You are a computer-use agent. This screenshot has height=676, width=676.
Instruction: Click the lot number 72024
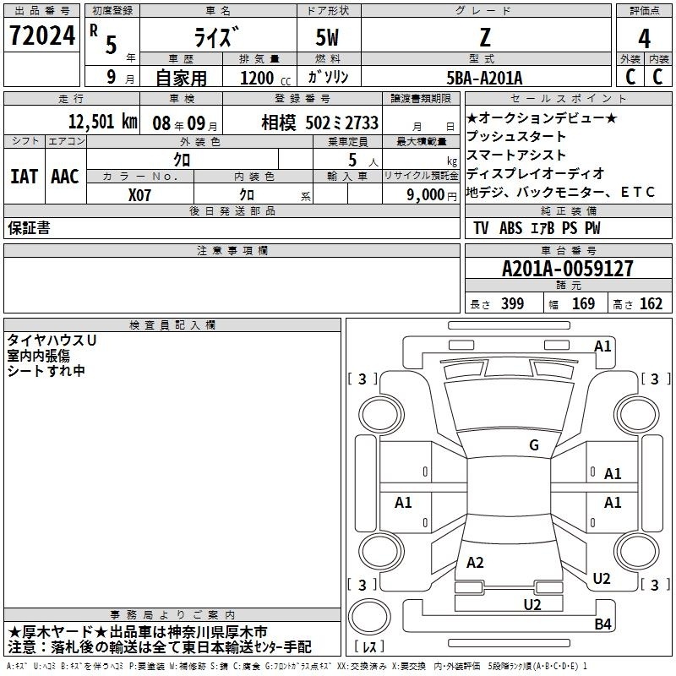coord(41,35)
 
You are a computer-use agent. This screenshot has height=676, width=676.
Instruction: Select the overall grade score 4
coord(644,39)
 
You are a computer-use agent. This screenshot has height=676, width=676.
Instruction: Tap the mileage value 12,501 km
coord(102,122)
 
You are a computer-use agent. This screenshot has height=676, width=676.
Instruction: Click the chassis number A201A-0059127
coord(567,269)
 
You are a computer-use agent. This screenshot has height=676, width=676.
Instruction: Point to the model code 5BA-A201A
coord(484,78)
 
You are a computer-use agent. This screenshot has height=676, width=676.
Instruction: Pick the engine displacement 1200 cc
coord(265,78)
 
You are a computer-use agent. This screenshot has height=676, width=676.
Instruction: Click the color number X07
coord(139,195)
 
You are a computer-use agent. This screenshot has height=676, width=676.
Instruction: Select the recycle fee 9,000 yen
coord(432,195)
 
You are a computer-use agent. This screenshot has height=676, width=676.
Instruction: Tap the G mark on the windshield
coord(534,444)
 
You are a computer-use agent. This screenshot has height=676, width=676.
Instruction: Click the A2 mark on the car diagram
coord(475,562)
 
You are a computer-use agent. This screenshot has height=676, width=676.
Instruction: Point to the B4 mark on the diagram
coord(602,624)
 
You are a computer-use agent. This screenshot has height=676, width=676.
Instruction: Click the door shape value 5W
coord(327,37)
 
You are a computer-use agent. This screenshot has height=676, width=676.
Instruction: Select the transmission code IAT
coord(24,177)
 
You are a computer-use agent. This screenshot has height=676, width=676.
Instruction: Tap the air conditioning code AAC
coord(65,177)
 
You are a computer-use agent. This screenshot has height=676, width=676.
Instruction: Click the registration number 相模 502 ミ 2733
coord(320,123)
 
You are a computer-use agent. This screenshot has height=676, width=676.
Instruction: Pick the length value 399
coord(512,303)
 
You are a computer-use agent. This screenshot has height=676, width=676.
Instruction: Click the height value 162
coord(651,303)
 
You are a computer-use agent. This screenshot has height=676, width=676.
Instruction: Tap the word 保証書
coord(29,227)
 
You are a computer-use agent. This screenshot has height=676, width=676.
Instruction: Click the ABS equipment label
coord(510,227)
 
